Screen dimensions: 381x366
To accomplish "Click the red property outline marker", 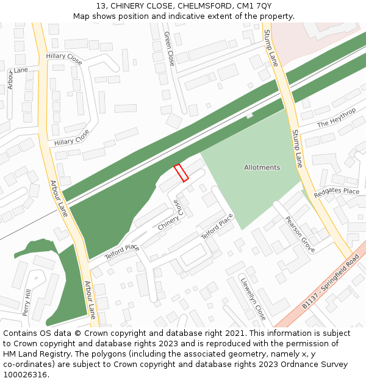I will (181, 173).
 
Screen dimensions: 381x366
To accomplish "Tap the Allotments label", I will (262, 168).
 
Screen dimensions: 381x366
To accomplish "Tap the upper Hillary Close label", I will (64, 59).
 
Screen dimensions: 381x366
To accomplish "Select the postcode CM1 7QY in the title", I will (254, 6).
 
